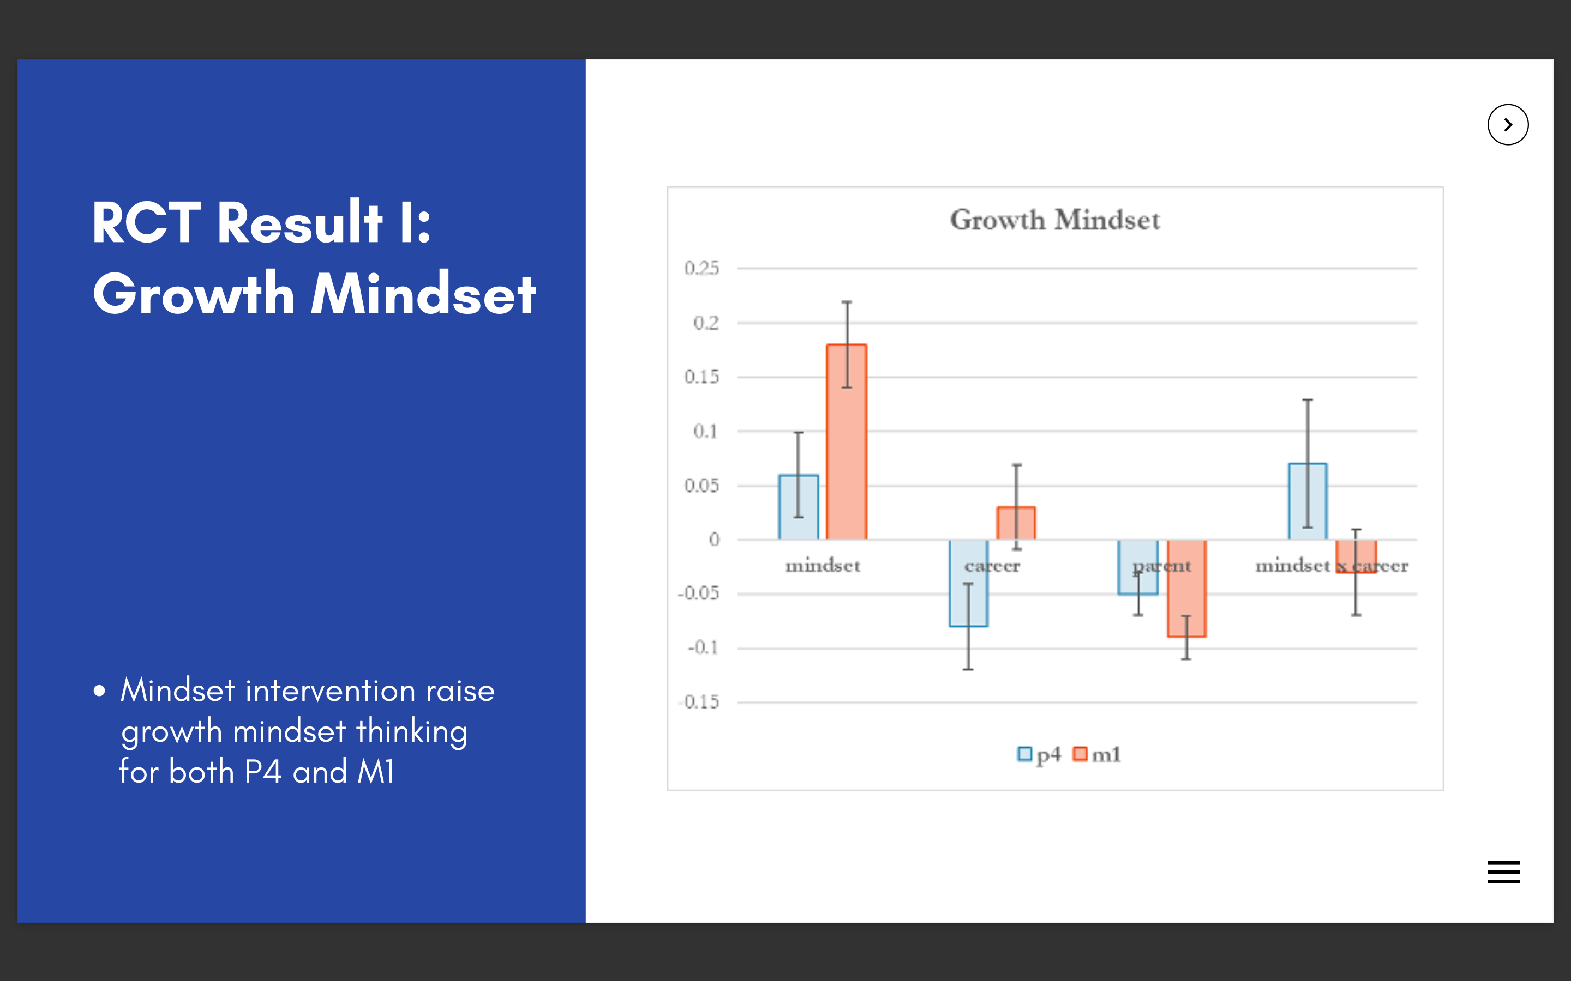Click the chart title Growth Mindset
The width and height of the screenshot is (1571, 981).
click(x=1054, y=220)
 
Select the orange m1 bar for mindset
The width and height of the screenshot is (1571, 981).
click(x=847, y=442)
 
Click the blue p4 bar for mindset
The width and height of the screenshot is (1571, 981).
click(x=799, y=507)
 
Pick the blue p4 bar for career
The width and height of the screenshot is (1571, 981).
click(x=969, y=583)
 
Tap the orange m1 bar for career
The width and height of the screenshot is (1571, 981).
click(x=1016, y=523)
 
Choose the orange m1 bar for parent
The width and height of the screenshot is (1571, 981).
click(x=1186, y=589)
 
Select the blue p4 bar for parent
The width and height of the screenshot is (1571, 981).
click(x=1137, y=567)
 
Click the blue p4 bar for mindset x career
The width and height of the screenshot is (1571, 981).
click(x=1308, y=501)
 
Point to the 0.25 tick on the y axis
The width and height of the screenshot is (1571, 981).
click(x=701, y=268)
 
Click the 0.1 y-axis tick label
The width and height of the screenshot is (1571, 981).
click(x=706, y=431)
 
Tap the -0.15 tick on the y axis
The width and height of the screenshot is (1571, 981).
click(x=699, y=702)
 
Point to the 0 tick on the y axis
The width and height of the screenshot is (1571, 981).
click(x=714, y=539)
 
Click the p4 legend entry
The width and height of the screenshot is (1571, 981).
click(x=1039, y=755)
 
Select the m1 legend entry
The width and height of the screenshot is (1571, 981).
click(x=1097, y=755)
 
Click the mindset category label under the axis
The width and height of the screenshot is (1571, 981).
click(x=823, y=566)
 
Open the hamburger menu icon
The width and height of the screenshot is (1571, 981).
click(x=1503, y=872)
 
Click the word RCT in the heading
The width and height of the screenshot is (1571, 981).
click(x=147, y=222)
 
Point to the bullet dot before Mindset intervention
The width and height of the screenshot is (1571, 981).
click(x=99, y=691)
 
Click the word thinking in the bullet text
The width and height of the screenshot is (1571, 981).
click(x=412, y=732)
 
